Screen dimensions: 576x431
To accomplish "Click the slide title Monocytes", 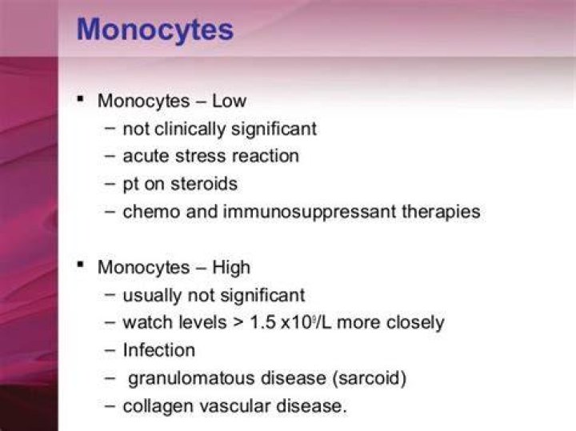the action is click(155, 30).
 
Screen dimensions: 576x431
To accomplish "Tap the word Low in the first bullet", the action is click(230, 101).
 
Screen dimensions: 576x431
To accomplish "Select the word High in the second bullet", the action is click(231, 267).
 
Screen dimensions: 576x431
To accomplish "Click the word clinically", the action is click(190, 129).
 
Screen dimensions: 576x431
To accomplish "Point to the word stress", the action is click(201, 156).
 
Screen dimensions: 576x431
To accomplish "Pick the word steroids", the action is click(204, 184).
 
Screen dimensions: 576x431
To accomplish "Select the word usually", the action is click(153, 295).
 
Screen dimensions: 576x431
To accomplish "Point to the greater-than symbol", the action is click(238, 323).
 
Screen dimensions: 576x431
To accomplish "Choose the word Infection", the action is click(159, 350).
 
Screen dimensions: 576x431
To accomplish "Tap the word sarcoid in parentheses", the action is click(369, 378).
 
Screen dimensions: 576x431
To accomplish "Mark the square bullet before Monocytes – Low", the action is click(81, 99).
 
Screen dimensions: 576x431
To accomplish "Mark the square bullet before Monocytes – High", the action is click(81, 265).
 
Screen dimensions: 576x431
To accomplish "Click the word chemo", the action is click(152, 212).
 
